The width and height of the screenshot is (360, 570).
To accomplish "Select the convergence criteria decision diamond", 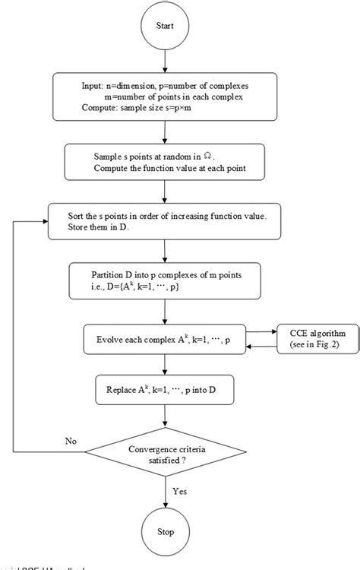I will pyautogui.click(x=166, y=457).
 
